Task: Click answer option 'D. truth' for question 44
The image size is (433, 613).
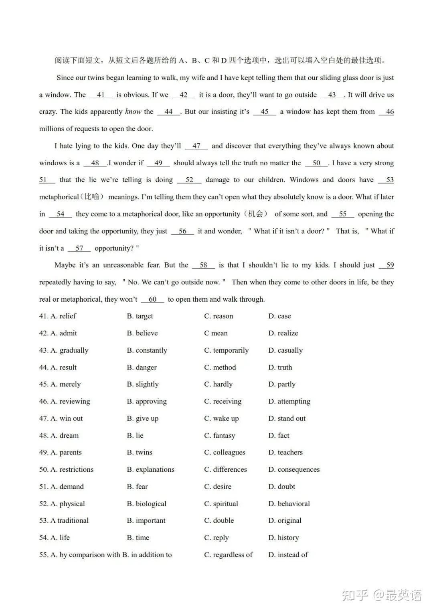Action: pos(280,367)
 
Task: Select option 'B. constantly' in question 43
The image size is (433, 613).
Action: pos(147,350)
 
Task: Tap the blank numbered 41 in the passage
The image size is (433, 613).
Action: pos(101,95)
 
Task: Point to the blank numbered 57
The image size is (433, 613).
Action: pos(79,248)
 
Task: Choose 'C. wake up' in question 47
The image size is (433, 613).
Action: pos(221,418)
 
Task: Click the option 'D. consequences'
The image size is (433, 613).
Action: pos(294,469)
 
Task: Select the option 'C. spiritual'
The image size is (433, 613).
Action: pos(221,503)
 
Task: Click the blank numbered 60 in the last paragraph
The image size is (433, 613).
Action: pos(152,299)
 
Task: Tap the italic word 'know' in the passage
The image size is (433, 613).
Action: pos(133,112)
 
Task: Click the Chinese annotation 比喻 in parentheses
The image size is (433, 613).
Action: pos(92,197)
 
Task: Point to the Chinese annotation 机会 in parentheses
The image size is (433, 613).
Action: pos(255,214)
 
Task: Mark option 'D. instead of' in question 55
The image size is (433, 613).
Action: pos(288,555)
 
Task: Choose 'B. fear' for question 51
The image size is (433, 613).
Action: pos(137,487)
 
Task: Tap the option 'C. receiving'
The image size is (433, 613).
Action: pos(223,401)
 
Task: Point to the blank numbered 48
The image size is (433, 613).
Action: pos(95,163)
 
